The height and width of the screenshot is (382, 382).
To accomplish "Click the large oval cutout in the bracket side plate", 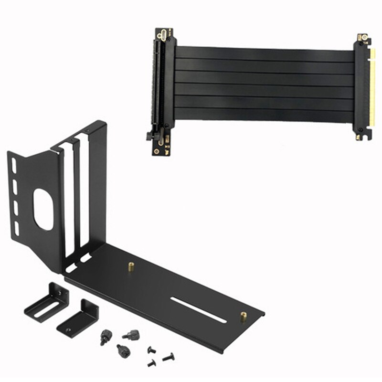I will pos(43,210).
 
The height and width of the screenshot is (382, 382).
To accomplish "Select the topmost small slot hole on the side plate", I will pos(14,165).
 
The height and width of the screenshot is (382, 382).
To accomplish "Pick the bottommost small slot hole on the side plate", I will pos(16,230).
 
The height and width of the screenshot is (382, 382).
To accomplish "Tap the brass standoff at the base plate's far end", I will pos(244,316).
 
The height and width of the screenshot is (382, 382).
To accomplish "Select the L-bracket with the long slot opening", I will pos(45,304).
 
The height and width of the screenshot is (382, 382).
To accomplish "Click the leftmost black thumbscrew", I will pos(105,337).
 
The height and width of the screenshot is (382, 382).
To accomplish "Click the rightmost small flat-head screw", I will pos(168,357).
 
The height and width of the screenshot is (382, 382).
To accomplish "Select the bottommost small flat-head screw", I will pos(151,363).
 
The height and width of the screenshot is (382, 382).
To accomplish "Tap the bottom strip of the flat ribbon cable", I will pos(265,115).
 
